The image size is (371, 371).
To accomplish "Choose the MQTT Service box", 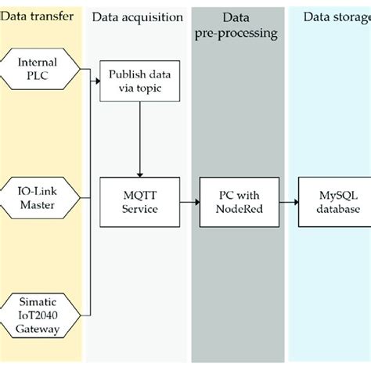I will click(x=139, y=203).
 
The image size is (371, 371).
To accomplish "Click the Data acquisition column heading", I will click(x=138, y=18).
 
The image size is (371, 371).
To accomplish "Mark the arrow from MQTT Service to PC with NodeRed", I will click(x=188, y=203).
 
